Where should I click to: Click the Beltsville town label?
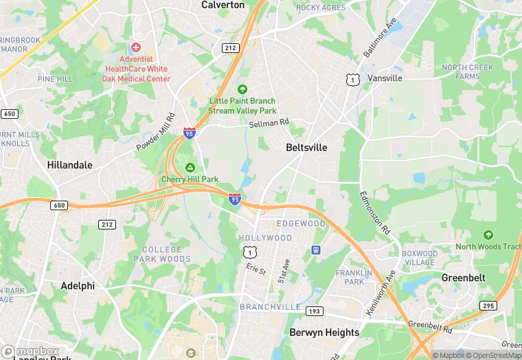pyautogui.click(x=306, y=147)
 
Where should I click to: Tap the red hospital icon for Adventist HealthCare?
pyautogui.click(x=136, y=48)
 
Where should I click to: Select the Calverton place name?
pyautogui.click(x=223, y=5)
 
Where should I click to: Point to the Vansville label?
pyautogui.click(x=385, y=78)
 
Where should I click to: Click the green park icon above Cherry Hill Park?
pyautogui.click(x=190, y=168)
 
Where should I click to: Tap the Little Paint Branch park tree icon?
pyautogui.click(x=242, y=89)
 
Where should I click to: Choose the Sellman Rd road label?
pyautogui.click(x=269, y=123)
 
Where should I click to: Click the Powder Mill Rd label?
pyautogui.click(x=156, y=132)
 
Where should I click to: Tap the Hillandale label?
pyautogui.click(x=69, y=165)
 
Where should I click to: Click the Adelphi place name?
pyautogui.click(x=78, y=285)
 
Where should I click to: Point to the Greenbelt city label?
pyautogui.click(x=463, y=278)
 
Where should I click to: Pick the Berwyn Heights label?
pyautogui.click(x=324, y=333)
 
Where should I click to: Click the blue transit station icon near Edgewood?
pyautogui.click(x=316, y=249)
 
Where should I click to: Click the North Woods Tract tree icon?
pyautogui.click(x=488, y=235)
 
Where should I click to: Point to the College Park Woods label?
pyautogui.click(x=162, y=254)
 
